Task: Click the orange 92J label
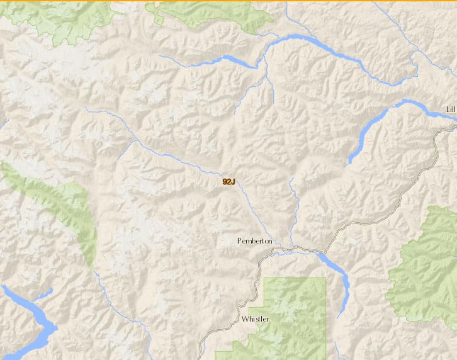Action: [x=228, y=182]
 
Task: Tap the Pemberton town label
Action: [x=255, y=241]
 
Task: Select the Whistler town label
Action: [x=255, y=319]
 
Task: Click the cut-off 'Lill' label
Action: [x=450, y=110]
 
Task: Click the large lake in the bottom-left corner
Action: [x=31, y=321]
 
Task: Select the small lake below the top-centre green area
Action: [x=233, y=61]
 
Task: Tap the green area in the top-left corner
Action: [x=63, y=16]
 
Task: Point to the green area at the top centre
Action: [x=208, y=13]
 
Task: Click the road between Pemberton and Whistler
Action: [x=257, y=283]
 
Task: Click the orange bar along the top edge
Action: [x=228, y=1]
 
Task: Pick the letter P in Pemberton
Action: [x=240, y=241]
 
